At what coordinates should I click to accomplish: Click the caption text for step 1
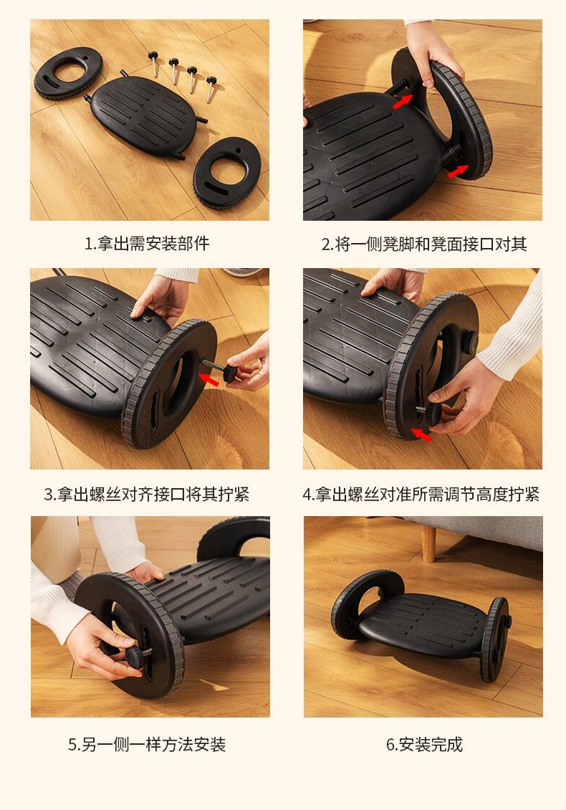[147, 243]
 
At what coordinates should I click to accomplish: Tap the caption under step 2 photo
[424, 244]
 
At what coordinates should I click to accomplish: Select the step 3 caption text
[147, 495]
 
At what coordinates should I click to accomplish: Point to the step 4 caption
[421, 495]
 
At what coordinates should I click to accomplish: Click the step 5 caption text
[147, 744]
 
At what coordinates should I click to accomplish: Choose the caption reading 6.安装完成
[424, 744]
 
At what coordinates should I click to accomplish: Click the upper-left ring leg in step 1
[68, 72]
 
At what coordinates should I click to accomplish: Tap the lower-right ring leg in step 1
[227, 172]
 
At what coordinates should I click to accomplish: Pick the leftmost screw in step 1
[153, 63]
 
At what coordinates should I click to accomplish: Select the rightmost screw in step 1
[211, 89]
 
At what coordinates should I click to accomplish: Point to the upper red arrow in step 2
[403, 101]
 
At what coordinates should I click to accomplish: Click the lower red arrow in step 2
[458, 171]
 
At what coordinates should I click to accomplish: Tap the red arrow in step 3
[208, 380]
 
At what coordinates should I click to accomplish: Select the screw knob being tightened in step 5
[134, 656]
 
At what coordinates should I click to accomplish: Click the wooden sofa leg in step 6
[428, 543]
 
